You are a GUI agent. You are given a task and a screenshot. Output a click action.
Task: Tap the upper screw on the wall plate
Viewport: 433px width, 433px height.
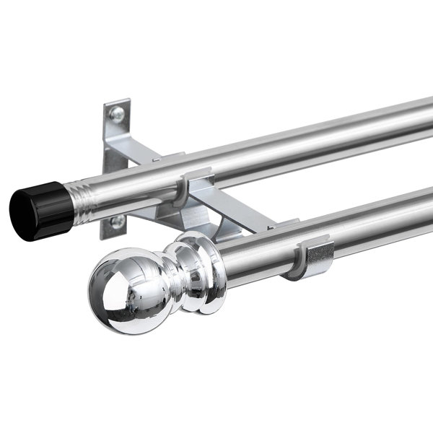point(116,113)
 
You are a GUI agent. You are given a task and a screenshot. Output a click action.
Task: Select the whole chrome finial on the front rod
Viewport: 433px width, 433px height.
point(155,278)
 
